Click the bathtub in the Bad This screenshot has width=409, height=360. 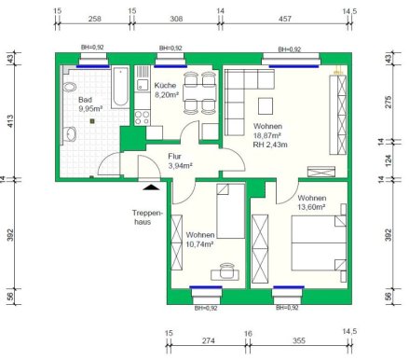coord(120,87)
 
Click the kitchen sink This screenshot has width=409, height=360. coord(143,85)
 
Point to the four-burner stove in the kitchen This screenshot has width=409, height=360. coord(142,118)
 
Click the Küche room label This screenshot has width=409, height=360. coord(165,85)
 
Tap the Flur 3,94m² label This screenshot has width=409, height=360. coord(180,160)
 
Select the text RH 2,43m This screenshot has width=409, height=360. coord(270,145)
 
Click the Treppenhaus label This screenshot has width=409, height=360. coord(147,217)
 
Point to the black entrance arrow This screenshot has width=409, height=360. coord(151,187)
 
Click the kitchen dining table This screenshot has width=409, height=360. coord(199,92)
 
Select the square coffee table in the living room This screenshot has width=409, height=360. coord(266,106)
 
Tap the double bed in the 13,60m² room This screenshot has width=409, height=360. coord(319,242)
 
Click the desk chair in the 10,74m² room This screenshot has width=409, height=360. coord(226,270)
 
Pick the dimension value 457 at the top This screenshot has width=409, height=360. coord(284,19)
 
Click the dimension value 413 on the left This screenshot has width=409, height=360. coord(10,121)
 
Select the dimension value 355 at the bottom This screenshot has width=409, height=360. coord(299,340)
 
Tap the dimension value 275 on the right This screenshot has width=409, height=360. coord(389,103)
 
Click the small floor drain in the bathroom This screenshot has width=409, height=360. coord(92,121)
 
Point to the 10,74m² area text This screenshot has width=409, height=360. coord(199,244)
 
